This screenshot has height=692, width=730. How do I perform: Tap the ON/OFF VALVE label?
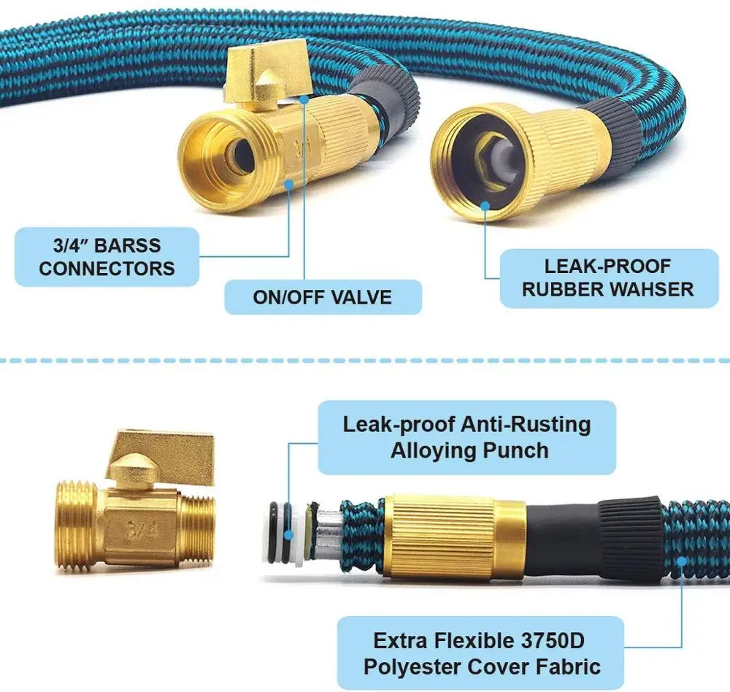(x=322, y=297)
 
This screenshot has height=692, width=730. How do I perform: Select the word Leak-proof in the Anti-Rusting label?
(x=396, y=424)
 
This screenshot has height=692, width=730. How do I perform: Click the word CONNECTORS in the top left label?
(x=107, y=268)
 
